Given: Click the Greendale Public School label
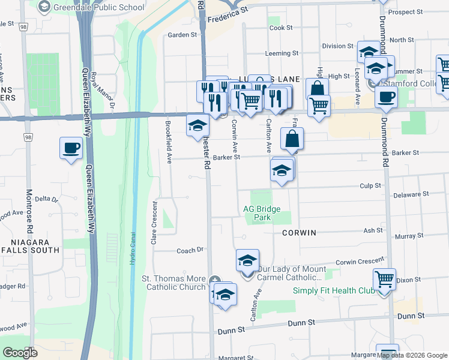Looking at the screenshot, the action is [x=99, y=7].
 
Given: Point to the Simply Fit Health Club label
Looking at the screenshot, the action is [x=334, y=291].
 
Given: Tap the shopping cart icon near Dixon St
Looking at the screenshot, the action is [x=384, y=279].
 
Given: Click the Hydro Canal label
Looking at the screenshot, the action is [x=133, y=248].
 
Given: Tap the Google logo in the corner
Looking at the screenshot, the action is [x=20, y=352].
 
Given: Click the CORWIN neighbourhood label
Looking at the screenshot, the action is [x=298, y=232].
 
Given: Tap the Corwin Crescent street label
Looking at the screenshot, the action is [x=360, y=261].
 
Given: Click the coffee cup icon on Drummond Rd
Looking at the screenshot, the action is [x=386, y=97].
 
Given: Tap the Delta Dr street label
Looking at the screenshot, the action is [x=46, y=199].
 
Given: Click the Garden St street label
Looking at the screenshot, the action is [x=182, y=35].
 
